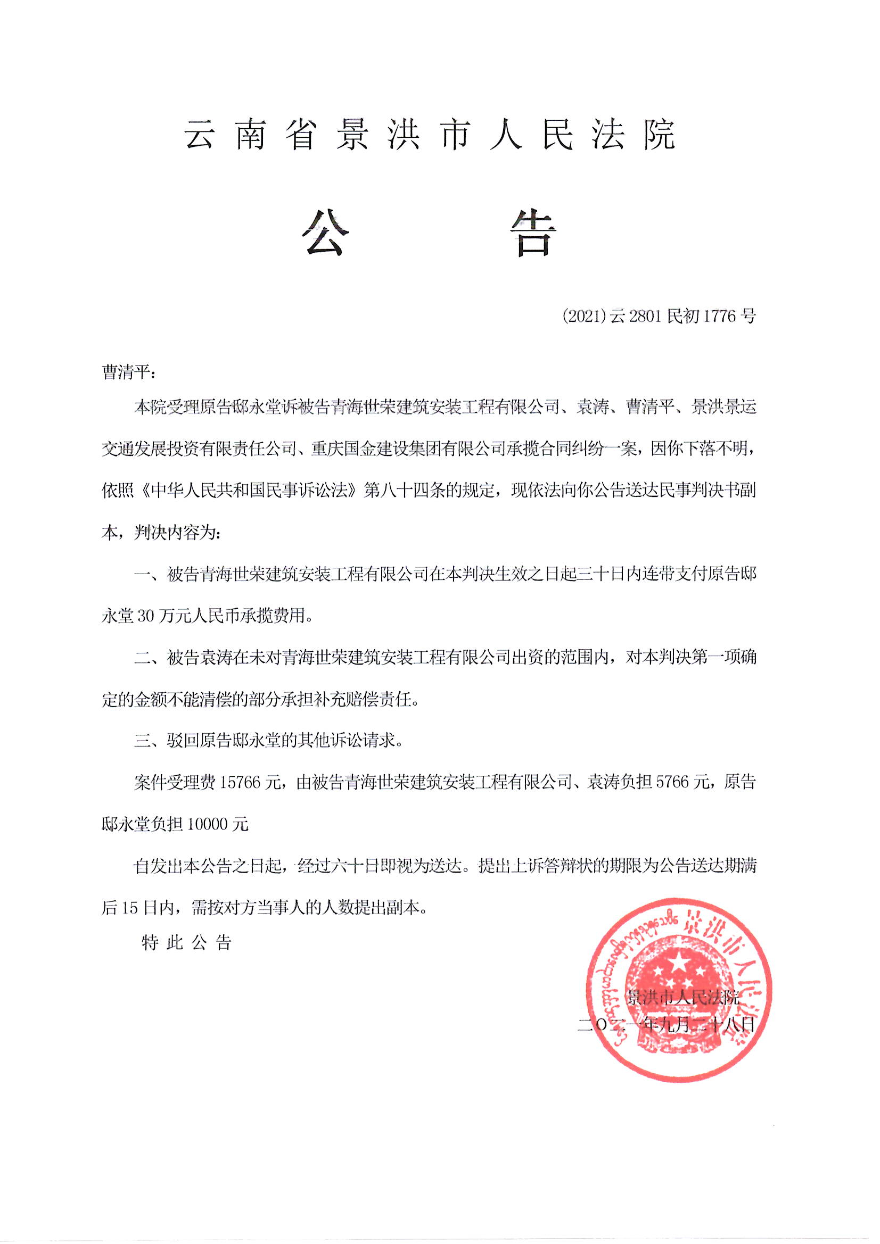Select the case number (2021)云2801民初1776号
[x=659, y=316]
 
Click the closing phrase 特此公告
[x=186, y=943]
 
